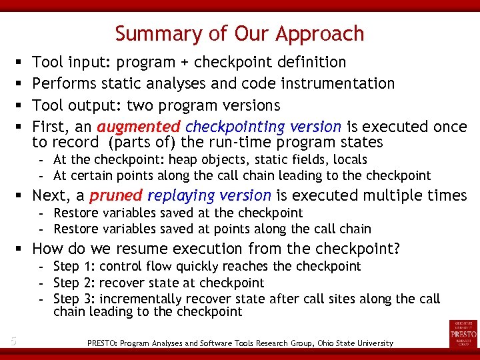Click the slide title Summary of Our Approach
coord(239,33)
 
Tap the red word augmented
coord(139,127)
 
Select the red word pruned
coord(116,195)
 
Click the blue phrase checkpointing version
coord(263,127)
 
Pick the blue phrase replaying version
coord(209,195)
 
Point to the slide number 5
coord(13,342)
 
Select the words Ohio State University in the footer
coord(351,343)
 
